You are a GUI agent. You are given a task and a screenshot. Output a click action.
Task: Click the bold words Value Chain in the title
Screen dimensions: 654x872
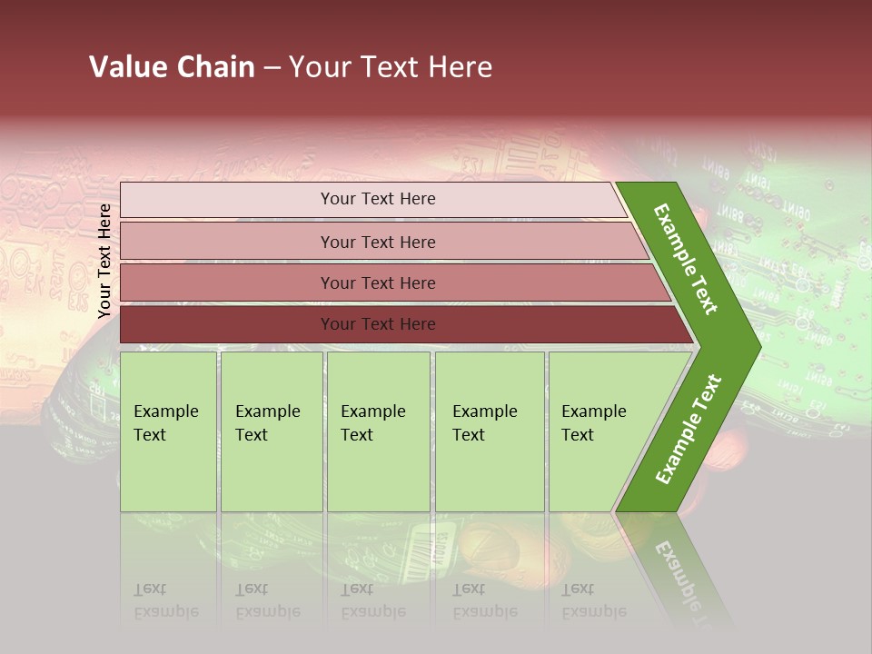(172, 67)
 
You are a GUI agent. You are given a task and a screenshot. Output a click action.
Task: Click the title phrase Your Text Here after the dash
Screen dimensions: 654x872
(391, 67)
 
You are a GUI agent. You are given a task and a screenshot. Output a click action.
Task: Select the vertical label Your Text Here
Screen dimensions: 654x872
(104, 261)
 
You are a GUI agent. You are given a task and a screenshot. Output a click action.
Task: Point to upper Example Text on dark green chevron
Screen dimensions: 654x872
(687, 259)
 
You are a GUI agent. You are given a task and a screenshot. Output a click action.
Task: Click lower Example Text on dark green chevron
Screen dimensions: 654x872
(689, 430)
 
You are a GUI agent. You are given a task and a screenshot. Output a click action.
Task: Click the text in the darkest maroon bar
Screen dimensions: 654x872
(378, 324)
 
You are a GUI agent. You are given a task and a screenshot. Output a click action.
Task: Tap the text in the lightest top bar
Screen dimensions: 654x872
(378, 199)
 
